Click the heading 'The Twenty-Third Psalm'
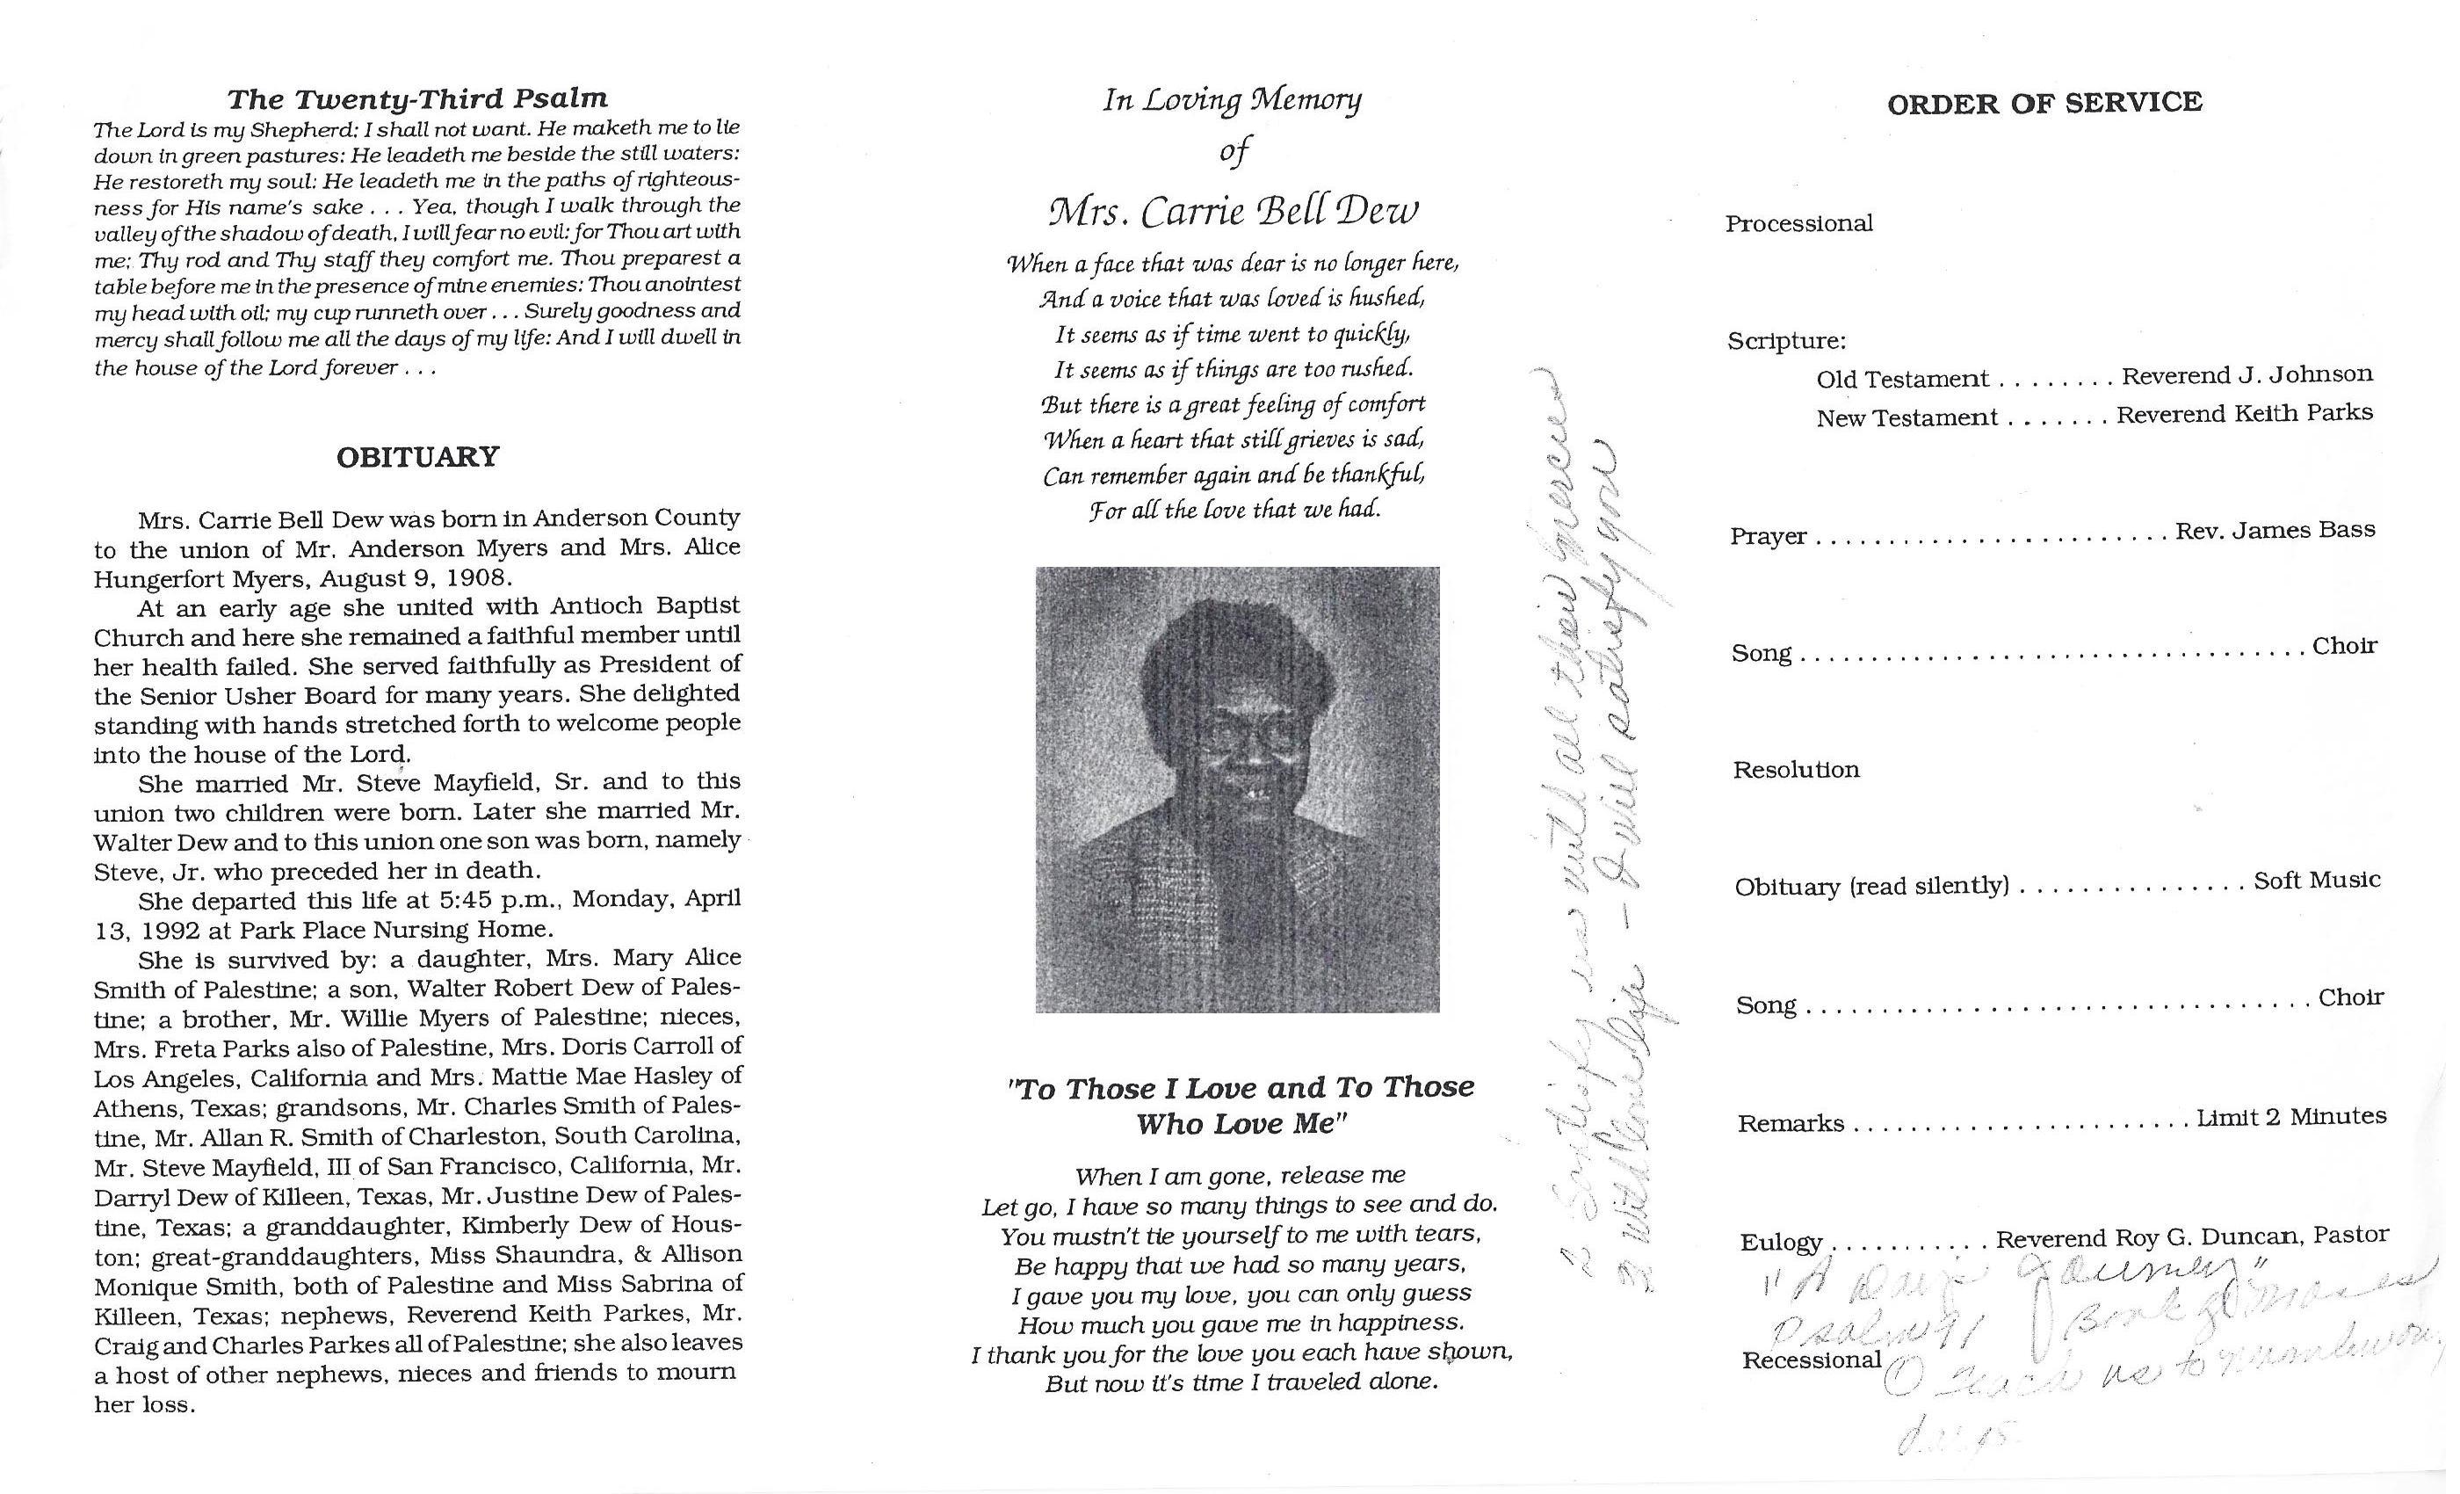tap(417, 98)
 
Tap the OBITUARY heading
tap(417, 457)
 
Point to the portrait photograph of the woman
tap(1237, 789)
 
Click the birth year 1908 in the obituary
tap(481, 578)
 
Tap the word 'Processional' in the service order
tap(1799, 224)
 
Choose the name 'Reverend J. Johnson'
tap(2247, 375)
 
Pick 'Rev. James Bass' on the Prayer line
tap(2275, 530)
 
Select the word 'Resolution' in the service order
tap(1796, 770)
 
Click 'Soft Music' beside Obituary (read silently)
tap(2316, 881)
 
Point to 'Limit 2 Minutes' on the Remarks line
tap(2290, 1118)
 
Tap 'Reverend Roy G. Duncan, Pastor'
tap(2191, 1237)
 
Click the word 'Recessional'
tap(1811, 1360)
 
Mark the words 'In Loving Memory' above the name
tap(1232, 101)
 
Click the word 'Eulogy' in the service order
tap(1781, 1243)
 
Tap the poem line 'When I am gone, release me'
tap(1240, 1176)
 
